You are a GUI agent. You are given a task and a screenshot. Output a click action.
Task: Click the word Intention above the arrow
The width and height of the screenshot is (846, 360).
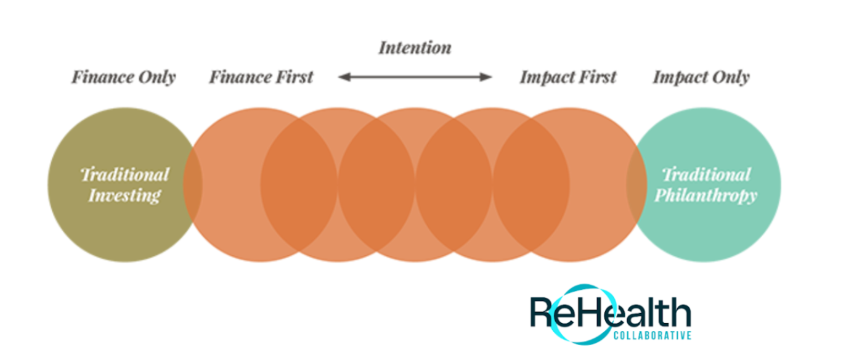(x=415, y=47)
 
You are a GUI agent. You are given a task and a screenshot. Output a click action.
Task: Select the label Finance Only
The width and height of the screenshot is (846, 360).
(x=123, y=78)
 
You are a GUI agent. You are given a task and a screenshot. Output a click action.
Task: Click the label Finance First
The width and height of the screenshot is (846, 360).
(x=261, y=78)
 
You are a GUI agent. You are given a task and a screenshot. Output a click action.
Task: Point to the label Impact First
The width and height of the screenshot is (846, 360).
(x=567, y=78)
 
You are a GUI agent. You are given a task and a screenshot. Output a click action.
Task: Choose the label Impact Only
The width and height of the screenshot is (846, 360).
(x=701, y=78)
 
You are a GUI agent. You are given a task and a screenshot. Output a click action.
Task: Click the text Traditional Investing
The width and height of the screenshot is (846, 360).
(x=124, y=185)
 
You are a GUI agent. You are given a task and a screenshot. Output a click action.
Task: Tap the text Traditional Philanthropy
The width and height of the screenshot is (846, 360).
(x=706, y=185)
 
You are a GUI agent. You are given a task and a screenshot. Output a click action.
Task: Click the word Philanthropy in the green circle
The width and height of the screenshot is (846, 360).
(x=706, y=196)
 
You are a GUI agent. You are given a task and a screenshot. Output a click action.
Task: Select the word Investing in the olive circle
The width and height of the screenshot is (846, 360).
(x=124, y=196)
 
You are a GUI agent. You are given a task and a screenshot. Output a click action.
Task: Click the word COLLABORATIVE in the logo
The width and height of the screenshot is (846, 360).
(x=652, y=335)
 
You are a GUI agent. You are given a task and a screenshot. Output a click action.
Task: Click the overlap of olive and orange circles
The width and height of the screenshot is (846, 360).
(x=193, y=185)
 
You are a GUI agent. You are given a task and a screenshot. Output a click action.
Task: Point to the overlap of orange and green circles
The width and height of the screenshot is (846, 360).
(x=637, y=185)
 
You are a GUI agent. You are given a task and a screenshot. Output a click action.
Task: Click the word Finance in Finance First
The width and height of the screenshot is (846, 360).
(x=240, y=78)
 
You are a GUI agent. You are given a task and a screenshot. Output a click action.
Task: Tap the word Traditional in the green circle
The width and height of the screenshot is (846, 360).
(x=706, y=174)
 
